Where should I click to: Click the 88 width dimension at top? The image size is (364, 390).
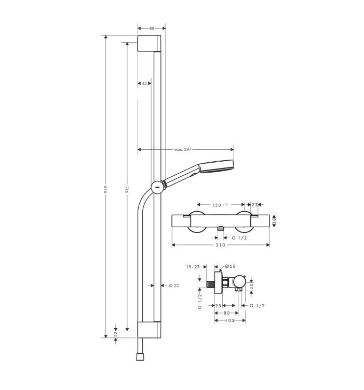(x=152, y=29)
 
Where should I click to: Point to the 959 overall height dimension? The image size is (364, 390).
(x=106, y=190)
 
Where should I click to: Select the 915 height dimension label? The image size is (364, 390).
(x=127, y=190)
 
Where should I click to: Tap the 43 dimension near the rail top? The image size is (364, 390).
(x=144, y=83)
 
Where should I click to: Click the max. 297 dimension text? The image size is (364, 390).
(x=183, y=149)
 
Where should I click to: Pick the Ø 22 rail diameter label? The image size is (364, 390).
(x=174, y=285)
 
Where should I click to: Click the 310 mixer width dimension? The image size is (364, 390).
(x=220, y=245)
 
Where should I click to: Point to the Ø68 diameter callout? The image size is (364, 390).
(x=230, y=266)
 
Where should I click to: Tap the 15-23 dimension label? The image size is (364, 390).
(x=193, y=267)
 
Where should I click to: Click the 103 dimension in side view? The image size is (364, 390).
(x=230, y=320)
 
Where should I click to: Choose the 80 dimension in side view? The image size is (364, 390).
(x=227, y=313)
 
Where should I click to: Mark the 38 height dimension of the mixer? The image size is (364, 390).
(x=274, y=221)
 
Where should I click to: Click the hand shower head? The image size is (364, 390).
(x=217, y=166)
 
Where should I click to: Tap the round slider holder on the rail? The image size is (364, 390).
(x=157, y=187)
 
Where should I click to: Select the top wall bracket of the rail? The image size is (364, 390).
(x=149, y=43)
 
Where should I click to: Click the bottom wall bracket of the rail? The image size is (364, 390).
(x=149, y=330)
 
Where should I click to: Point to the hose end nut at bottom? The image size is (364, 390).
(x=140, y=356)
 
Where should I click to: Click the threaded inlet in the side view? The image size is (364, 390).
(x=210, y=284)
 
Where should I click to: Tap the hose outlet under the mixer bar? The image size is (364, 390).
(x=220, y=229)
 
